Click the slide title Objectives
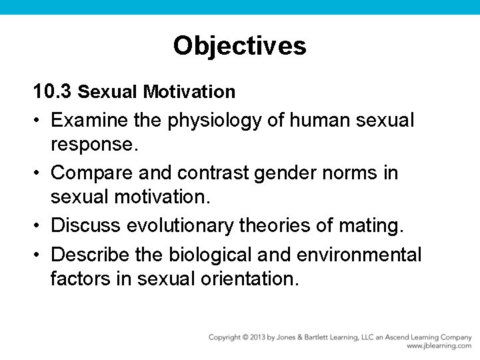(x=239, y=46)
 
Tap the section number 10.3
(x=53, y=91)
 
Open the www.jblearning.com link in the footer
(x=439, y=346)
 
